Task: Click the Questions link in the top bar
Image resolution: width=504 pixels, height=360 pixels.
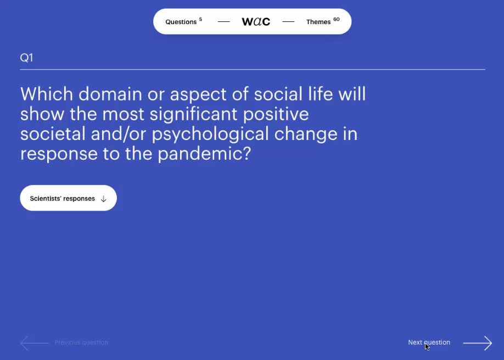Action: click(181, 22)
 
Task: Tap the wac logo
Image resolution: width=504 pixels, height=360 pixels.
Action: click(256, 21)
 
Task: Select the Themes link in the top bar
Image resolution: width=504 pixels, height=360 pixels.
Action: click(318, 22)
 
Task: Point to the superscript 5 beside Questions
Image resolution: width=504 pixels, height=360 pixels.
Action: click(200, 19)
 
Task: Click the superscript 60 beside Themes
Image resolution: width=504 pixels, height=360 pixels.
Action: click(336, 19)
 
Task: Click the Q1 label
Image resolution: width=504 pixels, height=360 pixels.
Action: click(26, 58)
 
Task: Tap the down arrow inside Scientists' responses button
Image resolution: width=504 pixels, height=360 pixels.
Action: click(104, 199)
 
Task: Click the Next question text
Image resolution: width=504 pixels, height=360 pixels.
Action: click(429, 342)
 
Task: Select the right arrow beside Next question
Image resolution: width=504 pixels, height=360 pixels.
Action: click(477, 343)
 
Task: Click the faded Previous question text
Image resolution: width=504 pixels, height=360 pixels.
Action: click(81, 342)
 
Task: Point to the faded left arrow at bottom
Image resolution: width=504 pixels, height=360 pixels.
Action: click(34, 343)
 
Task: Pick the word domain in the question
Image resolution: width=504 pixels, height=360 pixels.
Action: click(110, 94)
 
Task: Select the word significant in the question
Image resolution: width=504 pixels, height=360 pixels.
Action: click(193, 115)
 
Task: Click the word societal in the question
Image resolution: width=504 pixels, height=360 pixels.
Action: click(53, 134)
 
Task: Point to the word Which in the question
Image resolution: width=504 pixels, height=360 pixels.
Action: click(47, 94)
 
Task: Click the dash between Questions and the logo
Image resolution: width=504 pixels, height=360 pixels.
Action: click(223, 22)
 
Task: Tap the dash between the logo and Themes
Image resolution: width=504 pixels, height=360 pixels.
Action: click(288, 22)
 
